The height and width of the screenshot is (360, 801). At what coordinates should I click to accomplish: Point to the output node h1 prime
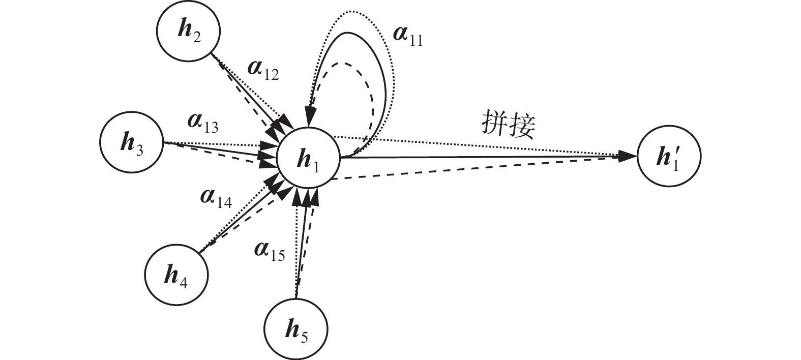(x=668, y=157)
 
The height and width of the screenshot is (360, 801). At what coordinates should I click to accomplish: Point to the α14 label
(x=216, y=200)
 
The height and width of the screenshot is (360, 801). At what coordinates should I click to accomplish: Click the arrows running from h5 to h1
(x=303, y=244)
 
